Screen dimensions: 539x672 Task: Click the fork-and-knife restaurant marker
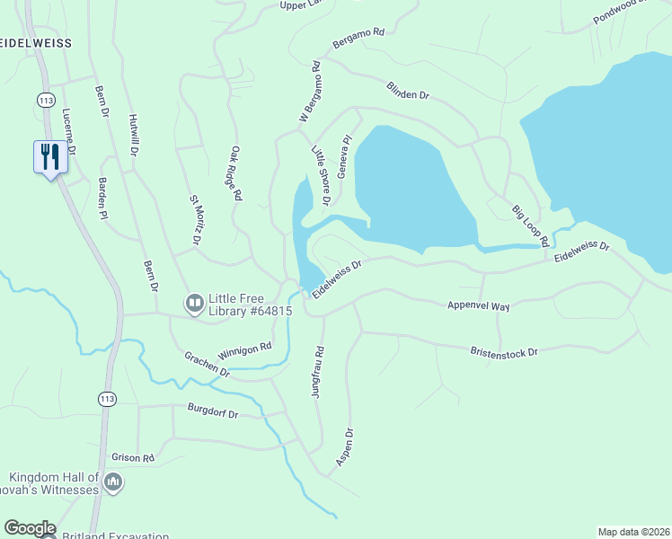coord(48,157)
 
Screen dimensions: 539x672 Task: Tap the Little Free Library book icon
coord(194,305)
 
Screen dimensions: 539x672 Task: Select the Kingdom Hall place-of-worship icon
coord(113,483)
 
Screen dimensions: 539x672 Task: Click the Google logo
coord(29,528)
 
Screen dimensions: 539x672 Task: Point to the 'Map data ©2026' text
coord(633,531)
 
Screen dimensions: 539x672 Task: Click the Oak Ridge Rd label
coord(237,173)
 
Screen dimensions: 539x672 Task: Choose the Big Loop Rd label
coord(530,225)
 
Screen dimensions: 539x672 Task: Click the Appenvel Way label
coord(478,306)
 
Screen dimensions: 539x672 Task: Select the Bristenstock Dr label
coord(503,351)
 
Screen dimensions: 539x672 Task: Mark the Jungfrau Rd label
coord(319,373)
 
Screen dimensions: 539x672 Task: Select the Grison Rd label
coord(134,457)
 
